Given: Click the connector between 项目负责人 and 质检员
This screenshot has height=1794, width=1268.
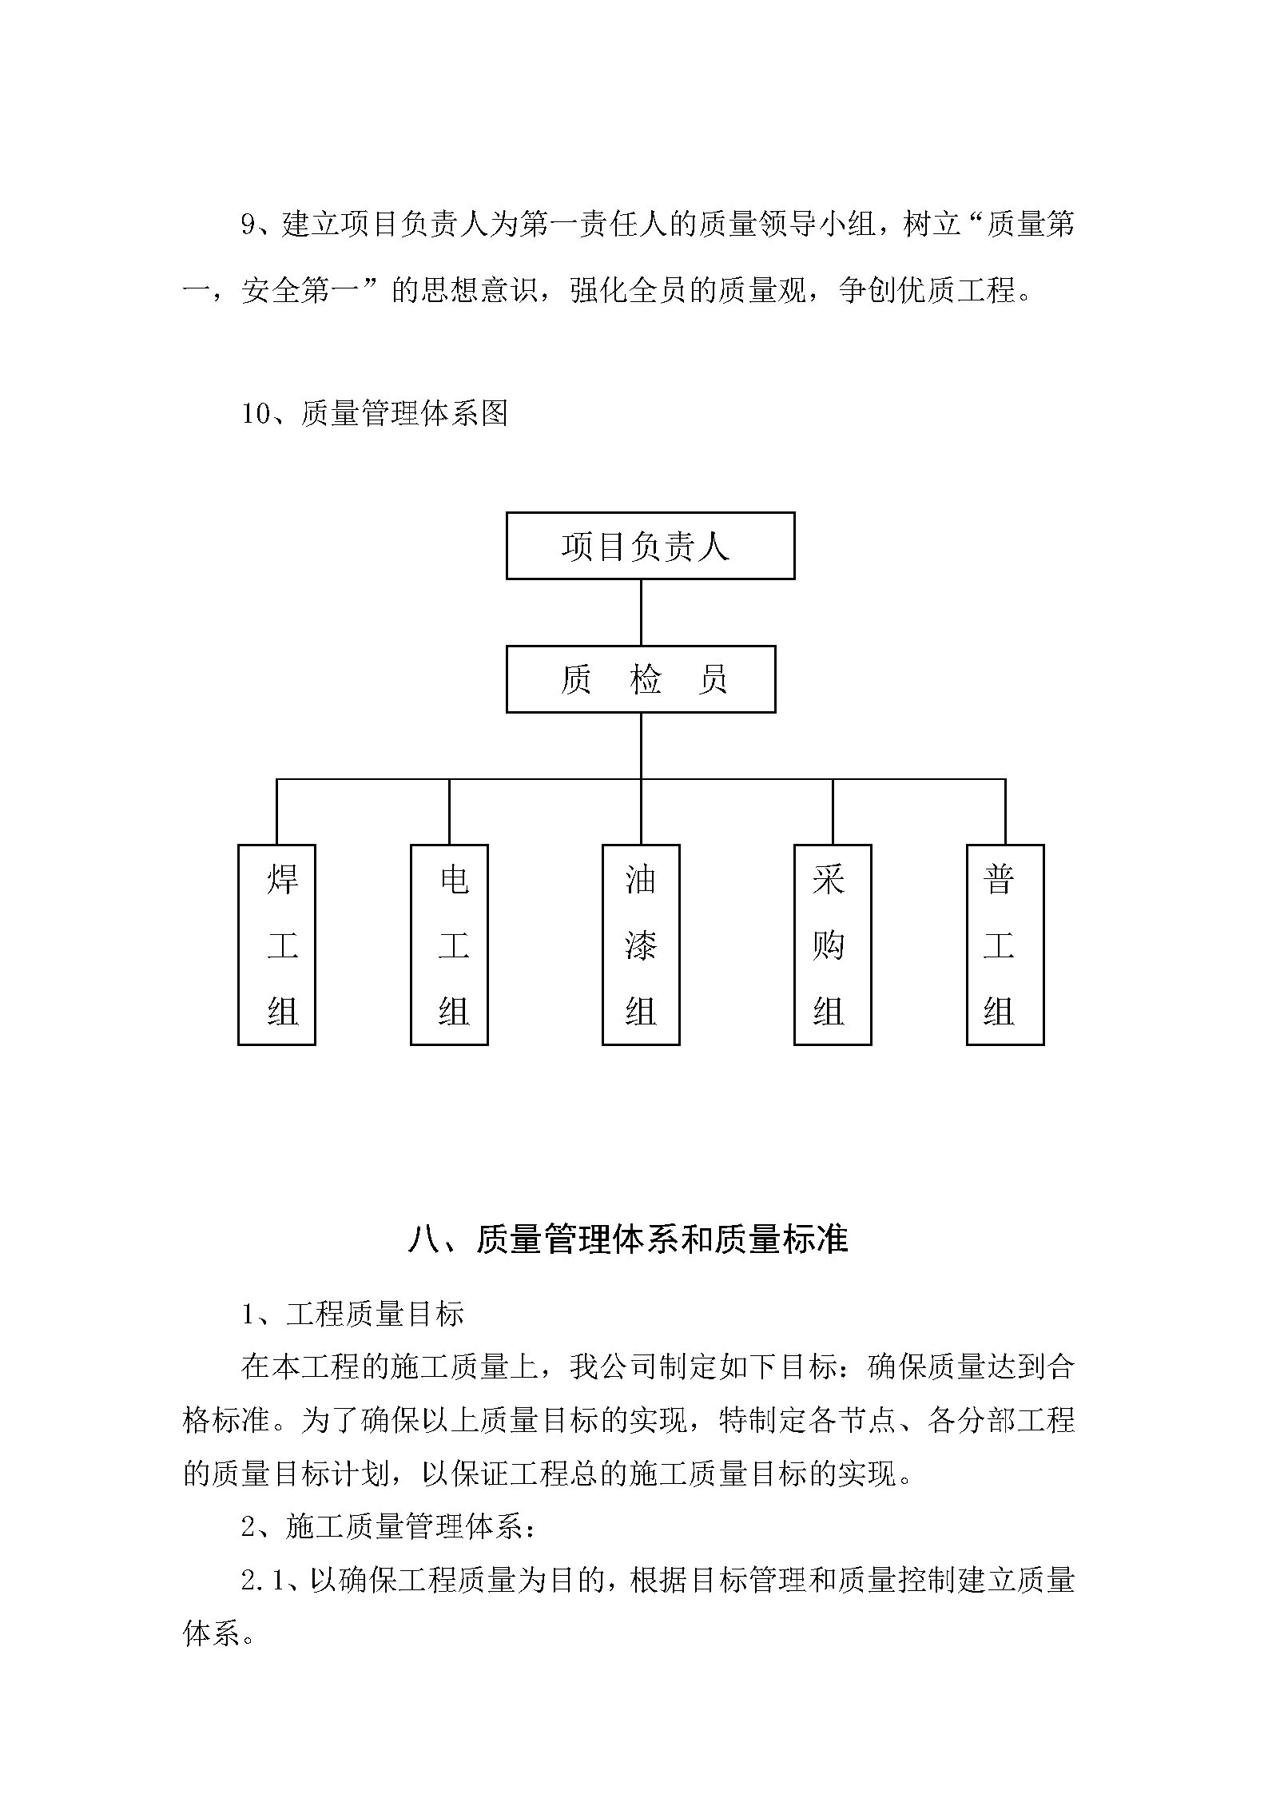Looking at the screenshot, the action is tap(641, 612).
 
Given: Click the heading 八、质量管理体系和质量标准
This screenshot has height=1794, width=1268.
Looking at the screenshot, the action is tap(628, 1239).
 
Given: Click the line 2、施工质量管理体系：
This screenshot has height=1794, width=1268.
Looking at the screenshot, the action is tap(390, 1527).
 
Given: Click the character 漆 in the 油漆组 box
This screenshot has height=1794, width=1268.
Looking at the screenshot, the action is tap(641, 946).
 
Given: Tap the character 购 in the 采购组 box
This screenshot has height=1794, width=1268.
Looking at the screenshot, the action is tap(829, 946).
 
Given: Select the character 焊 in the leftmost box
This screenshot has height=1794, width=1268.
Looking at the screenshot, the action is tap(283, 879).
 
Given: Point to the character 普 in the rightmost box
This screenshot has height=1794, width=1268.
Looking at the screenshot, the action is tap(999, 879).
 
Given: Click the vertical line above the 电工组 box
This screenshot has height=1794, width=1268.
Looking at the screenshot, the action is tap(449, 812).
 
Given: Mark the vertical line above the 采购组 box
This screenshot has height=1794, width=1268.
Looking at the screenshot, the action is tap(833, 812).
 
